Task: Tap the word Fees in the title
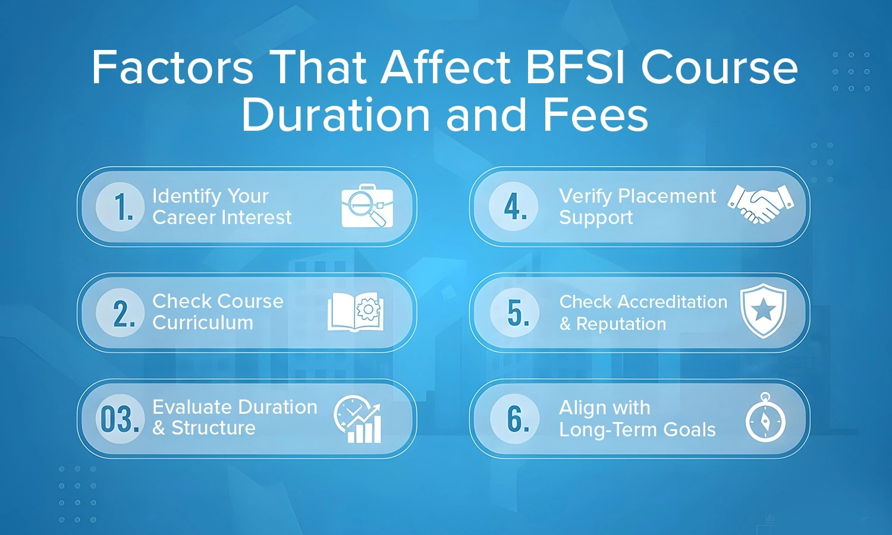point(596,115)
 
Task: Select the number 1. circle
point(120,207)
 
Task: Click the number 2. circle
point(120,313)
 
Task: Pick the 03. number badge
point(120,418)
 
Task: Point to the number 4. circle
point(514,207)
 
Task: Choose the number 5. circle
point(514,313)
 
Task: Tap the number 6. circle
point(514,418)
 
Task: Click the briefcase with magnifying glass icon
point(367,206)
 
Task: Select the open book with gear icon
point(355,312)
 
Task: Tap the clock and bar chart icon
point(357,420)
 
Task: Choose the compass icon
point(765,417)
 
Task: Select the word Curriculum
point(203,323)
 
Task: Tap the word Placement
point(667,196)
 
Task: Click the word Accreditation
point(673,302)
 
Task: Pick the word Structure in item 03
point(213,429)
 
